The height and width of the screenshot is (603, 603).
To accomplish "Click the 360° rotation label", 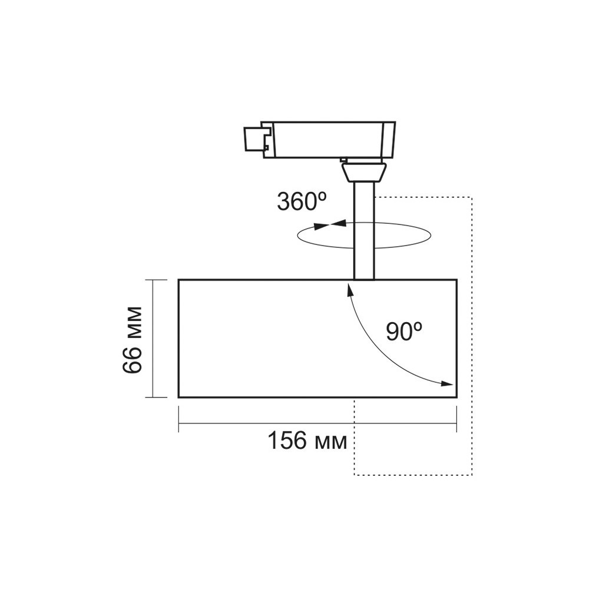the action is (x=302, y=201).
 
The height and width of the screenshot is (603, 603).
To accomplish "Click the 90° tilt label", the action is (x=404, y=332).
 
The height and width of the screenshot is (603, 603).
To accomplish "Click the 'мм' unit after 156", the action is (x=331, y=443).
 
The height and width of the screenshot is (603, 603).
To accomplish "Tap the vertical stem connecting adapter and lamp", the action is (x=364, y=231).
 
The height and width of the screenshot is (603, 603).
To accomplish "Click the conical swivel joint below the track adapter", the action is (x=364, y=173).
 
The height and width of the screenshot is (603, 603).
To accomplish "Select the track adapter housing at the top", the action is (x=328, y=140).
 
